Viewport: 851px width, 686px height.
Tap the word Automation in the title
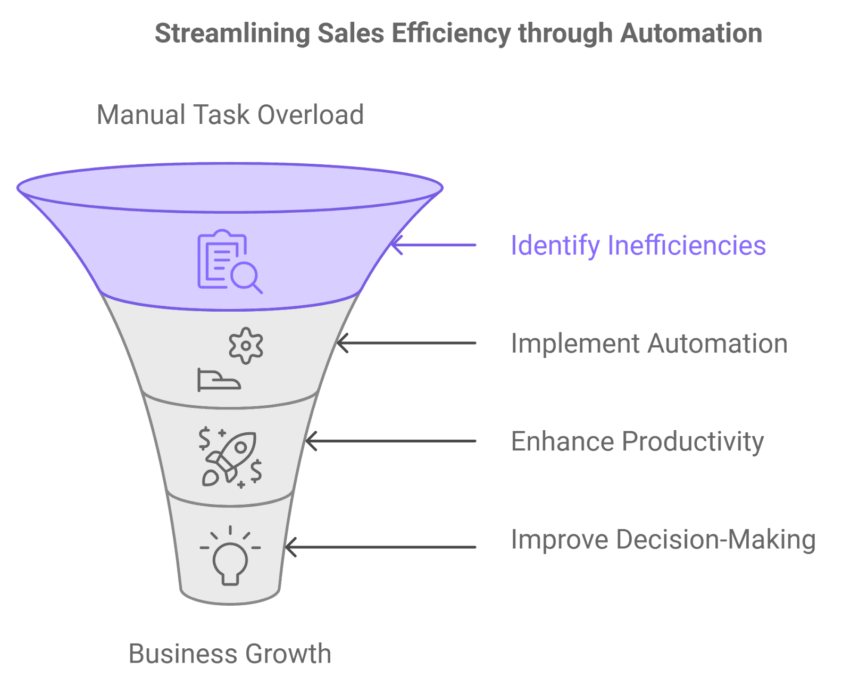(x=691, y=34)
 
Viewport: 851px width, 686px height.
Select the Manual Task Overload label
(x=230, y=115)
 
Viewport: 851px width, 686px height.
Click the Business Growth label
(x=230, y=654)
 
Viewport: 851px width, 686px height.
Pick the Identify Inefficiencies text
(x=638, y=245)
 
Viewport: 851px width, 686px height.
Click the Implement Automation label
(x=649, y=344)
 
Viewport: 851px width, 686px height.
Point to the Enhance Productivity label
(x=637, y=441)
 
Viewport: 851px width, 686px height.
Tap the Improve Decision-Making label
(x=663, y=540)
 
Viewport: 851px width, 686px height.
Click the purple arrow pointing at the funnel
(x=433, y=245)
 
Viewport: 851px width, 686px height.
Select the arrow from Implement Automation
(x=407, y=343)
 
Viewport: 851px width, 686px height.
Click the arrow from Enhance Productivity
(x=391, y=441)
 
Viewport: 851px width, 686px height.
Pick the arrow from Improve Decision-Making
(x=380, y=547)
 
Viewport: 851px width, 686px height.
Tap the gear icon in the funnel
(x=246, y=346)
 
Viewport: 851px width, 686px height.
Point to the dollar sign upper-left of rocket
(x=204, y=438)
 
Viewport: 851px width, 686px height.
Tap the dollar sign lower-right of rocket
(x=256, y=470)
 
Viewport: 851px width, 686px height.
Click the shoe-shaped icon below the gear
(x=219, y=380)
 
